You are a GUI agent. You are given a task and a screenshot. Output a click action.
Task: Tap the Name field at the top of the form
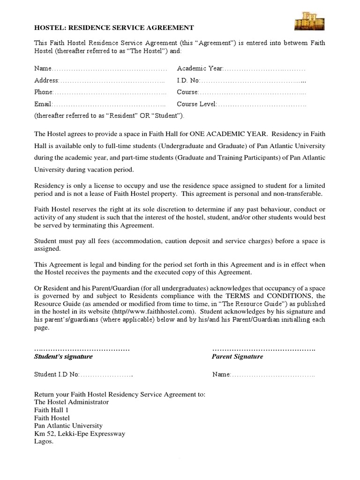point(100,69)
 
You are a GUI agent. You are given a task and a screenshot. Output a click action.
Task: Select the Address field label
point(46,81)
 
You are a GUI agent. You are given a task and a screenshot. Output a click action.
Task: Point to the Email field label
point(43,104)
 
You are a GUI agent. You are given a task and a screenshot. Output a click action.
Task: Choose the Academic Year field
point(241,69)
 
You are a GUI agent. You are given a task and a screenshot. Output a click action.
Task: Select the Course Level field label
point(197,104)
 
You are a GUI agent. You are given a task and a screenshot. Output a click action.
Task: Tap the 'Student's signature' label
point(63,357)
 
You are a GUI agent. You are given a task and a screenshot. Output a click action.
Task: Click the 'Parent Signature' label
point(237,357)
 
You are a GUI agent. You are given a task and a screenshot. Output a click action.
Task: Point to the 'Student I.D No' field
point(83,375)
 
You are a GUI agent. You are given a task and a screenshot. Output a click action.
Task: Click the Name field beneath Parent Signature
point(263,375)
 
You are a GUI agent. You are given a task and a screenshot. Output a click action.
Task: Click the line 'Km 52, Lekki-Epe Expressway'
point(80,434)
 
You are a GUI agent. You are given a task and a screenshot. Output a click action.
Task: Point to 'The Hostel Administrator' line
point(71,402)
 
